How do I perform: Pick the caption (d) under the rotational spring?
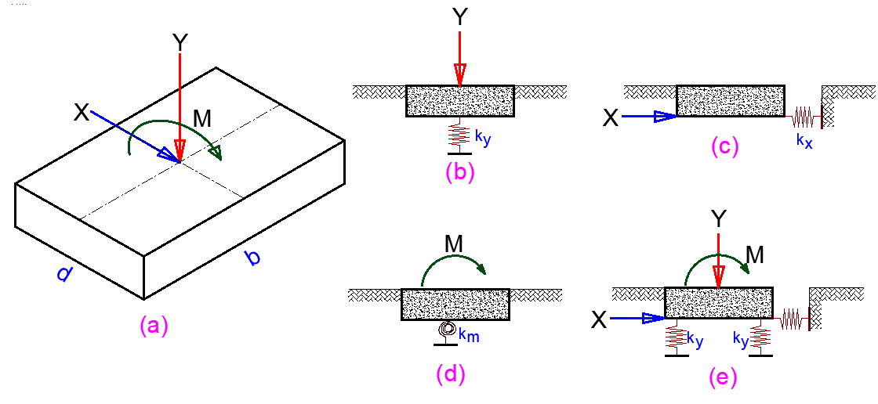[451, 375]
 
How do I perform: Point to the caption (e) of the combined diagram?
[722, 378]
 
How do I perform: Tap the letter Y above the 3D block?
[180, 42]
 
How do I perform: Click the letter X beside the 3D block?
[81, 113]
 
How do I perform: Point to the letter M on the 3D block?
[202, 119]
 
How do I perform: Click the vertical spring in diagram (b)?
[459, 135]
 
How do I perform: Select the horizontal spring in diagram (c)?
[803, 117]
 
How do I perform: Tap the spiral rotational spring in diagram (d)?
[447, 331]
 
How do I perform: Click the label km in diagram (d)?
[469, 336]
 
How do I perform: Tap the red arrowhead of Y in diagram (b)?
[459, 76]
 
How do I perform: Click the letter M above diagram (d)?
[454, 246]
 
